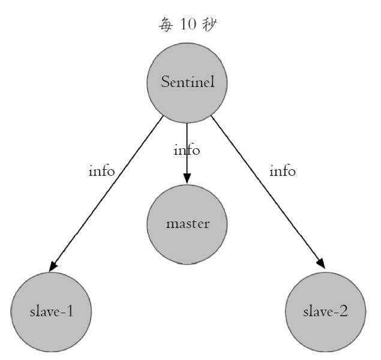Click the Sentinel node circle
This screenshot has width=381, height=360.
pyautogui.click(x=187, y=83)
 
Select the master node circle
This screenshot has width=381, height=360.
pyautogui.click(x=187, y=224)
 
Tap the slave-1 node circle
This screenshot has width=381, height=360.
pyautogui.click(x=51, y=312)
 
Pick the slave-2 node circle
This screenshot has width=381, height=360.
pyautogui.click(x=326, y=312)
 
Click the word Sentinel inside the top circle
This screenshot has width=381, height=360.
pyautogui.click(x=187, y=82)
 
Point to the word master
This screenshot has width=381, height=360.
pyautogui.click(x=187, y=224)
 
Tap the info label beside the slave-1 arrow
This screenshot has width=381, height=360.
pyautogui.click(x=101, y=171)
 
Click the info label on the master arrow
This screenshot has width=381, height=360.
pyautogui.click(x=187, y=150)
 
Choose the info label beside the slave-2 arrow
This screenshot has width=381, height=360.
pyautogui.click(x=283, y=171)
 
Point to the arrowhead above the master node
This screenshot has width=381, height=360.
pyautogui.click(x=187, y=178)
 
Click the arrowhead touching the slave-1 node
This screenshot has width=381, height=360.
pyautogui.click(x=54, y=265)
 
